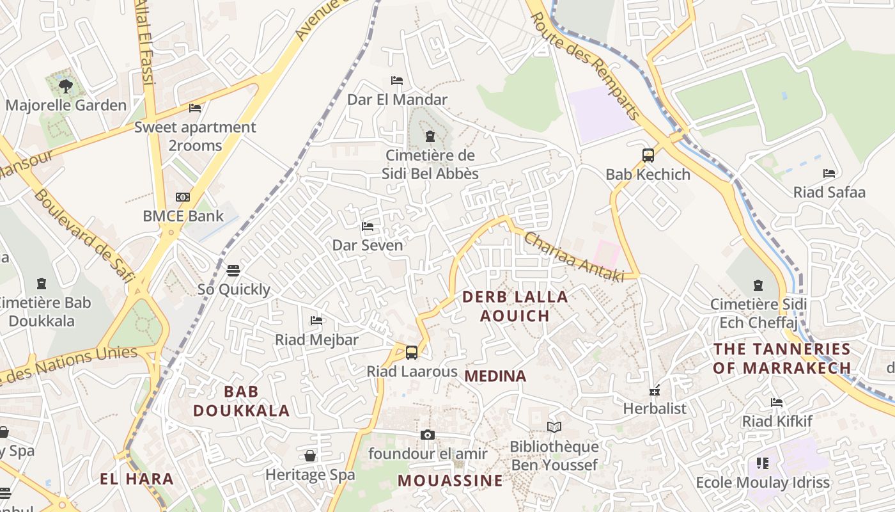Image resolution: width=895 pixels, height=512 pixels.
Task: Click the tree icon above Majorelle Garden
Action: pyautogui.click(x=65, y=86)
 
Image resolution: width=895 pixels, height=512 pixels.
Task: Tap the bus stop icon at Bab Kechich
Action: pyautogui.click(x=648, y=155)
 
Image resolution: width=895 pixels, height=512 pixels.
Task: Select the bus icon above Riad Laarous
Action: pyautogui.click(x=412, y=352)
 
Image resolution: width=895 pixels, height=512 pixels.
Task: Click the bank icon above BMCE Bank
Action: pyautogui.click(x=183, y=197)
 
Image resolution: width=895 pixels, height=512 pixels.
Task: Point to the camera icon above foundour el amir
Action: pyautogui.click(x=428, y=435)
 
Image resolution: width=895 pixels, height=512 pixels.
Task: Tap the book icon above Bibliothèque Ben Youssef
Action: pyautogui.click(x=554, y=427)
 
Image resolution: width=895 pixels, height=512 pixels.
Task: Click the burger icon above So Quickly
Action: pyautogui.click(x=233, y=270)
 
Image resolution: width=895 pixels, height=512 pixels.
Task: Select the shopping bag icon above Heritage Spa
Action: pyautogui.click(x=310, y=456)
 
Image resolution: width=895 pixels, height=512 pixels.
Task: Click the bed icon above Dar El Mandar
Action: pyautogui.click(x=397, y=81)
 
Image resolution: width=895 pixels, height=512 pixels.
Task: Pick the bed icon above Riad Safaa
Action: pyautogui.click(x=829, y=173)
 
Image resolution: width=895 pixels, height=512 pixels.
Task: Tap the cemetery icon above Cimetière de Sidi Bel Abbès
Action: pyautogui.click(x=430, y=136)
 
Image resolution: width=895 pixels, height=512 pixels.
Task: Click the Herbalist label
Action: pyautogui.click(x=655, y=408)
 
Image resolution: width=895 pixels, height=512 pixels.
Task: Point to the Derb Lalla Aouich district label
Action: pyautogui.click(x=515, y=306)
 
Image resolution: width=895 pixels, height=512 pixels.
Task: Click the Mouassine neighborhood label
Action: pyautogui.click(x=450, y=481)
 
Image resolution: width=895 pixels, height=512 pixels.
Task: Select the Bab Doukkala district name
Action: pyautogui.click(x=242, y=401)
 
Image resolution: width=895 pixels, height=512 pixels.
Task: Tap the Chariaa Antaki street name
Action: pyautogui.click(x=573, y=257)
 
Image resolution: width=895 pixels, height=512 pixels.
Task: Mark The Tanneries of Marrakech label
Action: pyautogui.click(x=782, y=358)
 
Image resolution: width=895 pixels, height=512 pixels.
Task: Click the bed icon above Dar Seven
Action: pyautogui.click(x=368, y=227)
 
